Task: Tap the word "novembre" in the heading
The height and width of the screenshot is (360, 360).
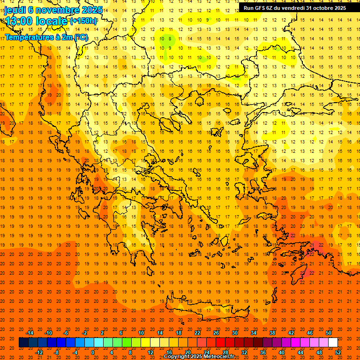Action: click(x=56, y=10)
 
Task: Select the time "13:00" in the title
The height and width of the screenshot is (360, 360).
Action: click(x=19, y=21)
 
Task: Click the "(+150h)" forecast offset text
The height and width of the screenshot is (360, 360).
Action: click(x=83, y=21)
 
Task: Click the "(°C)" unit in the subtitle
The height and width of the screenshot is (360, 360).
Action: click(x=81, y=37)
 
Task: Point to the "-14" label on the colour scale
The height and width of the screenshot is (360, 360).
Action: click(x=30, y=333)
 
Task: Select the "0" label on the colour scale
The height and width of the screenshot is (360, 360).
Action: click(x=93, y=352)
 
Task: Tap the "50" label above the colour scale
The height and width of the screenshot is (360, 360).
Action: click(x=329, y=333)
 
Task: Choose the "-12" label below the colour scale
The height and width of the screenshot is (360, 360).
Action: click(x=39, y=352)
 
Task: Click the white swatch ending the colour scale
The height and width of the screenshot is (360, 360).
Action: click(x=333, y=343)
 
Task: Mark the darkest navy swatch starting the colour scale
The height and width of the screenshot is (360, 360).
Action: click(x=23, y=343)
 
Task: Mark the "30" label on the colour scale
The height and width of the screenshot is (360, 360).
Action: click(x=234, y=333)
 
